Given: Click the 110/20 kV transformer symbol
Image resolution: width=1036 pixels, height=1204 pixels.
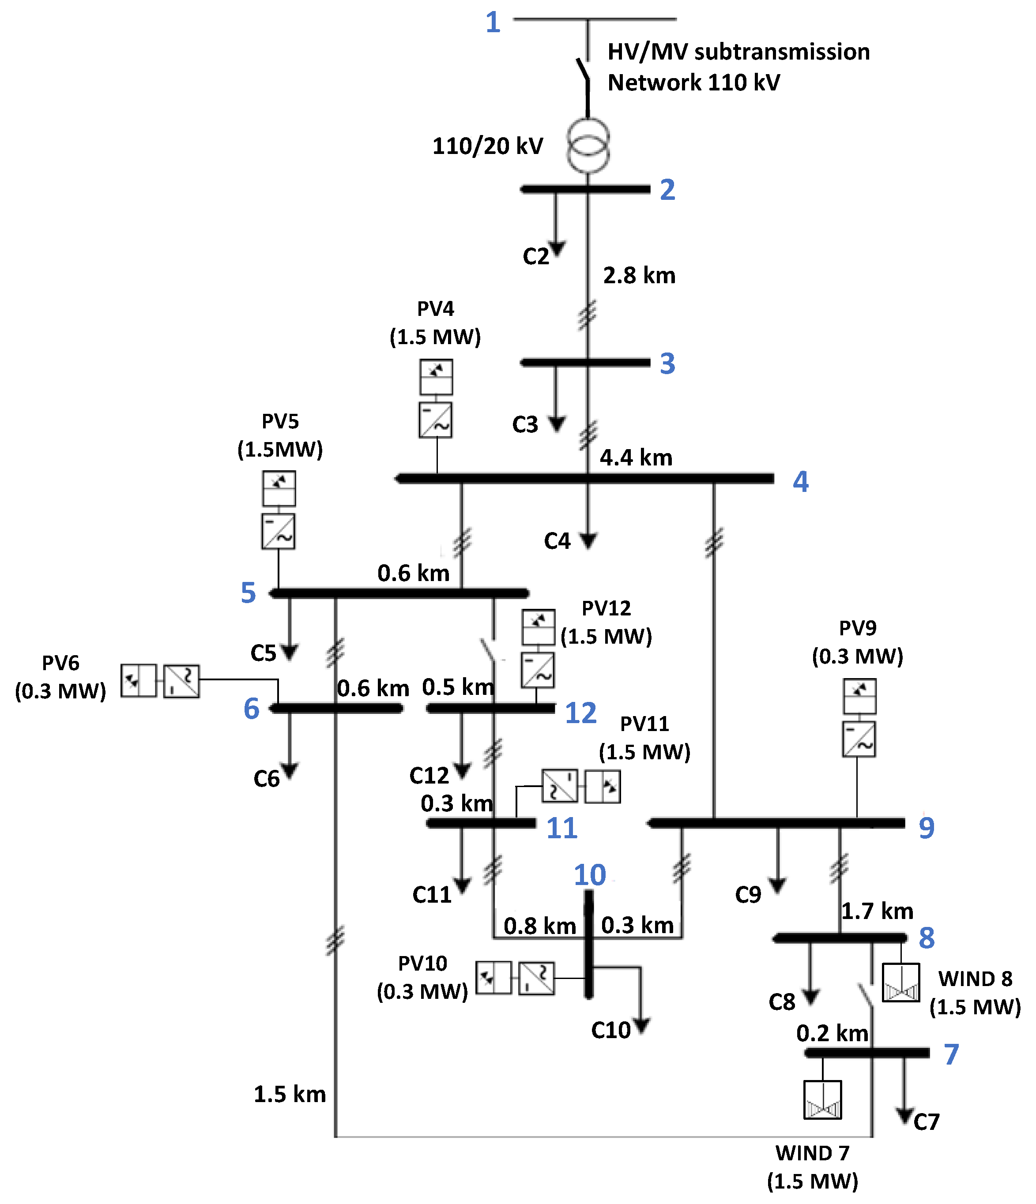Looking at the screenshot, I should (x=588, y=145).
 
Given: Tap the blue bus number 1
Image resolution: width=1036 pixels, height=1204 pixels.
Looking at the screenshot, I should (x=493, y=23).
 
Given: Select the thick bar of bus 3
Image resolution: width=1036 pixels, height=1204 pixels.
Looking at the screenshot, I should (x=585, y=363).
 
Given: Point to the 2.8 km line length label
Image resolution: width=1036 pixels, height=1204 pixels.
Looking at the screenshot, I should (x=639, y=275).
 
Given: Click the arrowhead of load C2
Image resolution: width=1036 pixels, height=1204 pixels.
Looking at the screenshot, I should (x=557, y=249).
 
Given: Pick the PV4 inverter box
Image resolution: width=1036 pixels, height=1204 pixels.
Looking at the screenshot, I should (x=435, y=420).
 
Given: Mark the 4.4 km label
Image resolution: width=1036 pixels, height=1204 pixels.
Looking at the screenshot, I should (x=636, y=458).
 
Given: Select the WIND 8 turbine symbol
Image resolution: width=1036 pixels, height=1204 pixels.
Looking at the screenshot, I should (x=900, y=983).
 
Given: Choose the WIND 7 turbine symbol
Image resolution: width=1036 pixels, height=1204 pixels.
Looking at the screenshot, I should (x=822, y=1099).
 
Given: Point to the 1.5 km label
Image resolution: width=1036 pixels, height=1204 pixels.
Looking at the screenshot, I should (x=290, y=1094).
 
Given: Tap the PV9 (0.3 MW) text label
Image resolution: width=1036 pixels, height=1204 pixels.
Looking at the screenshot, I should (x=858, y=642).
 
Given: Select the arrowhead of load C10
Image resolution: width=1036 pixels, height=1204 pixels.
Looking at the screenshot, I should (x=641, y=1027).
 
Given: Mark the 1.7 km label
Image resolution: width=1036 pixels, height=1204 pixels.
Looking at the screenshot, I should (x=877, y=911).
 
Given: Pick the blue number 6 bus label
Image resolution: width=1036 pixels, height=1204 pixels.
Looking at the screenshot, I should (x=251, y=709).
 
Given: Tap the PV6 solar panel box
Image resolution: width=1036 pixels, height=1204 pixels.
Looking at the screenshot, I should (x=138, y=680).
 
